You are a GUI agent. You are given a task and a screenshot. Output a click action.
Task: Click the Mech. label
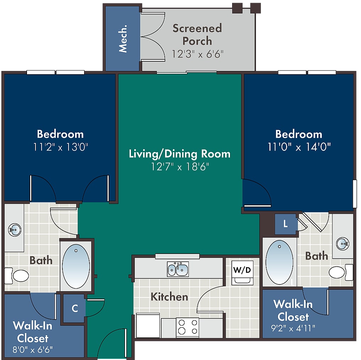click(x=123, y=39)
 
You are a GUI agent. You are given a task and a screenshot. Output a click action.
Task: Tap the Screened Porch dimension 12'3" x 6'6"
click(x=197, y=54)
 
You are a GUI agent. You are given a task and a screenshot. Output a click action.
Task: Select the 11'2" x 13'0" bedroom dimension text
click(x=61, y=147)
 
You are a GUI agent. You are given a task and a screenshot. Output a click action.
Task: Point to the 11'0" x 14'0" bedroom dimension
click(x=299, y=147)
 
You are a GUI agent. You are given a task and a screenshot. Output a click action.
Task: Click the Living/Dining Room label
click(x=180, y=154)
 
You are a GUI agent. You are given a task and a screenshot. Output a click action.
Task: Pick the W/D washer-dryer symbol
click(x=242, y=273)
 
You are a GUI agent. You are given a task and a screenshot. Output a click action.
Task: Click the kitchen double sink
click(x=178, y=269)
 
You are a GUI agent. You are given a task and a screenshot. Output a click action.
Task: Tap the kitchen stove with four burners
click(x=187, y=327)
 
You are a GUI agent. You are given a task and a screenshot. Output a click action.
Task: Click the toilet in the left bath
click(x=17, y=276)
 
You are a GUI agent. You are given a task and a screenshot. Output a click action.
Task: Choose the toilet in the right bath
click(x=341, y=272)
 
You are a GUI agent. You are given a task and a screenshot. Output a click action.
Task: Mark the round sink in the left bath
click(x=15, y=229)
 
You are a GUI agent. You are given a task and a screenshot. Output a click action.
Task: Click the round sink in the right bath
click(x=343, y=244)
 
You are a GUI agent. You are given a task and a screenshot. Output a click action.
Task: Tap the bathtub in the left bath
click(x=76, y=266)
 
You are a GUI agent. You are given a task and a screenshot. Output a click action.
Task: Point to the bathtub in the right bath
click(x=279, y=262)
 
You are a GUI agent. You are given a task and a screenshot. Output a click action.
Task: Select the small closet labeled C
click(x=74, y=309)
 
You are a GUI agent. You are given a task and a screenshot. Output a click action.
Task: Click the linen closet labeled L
click(x=285, y=224)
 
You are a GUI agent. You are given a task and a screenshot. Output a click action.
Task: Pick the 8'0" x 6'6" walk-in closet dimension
click(x=33, y=350)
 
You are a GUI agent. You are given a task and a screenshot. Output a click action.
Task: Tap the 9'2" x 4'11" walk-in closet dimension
click(x=293, y=328)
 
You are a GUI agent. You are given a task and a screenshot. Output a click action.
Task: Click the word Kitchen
click(x=169, y=297)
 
